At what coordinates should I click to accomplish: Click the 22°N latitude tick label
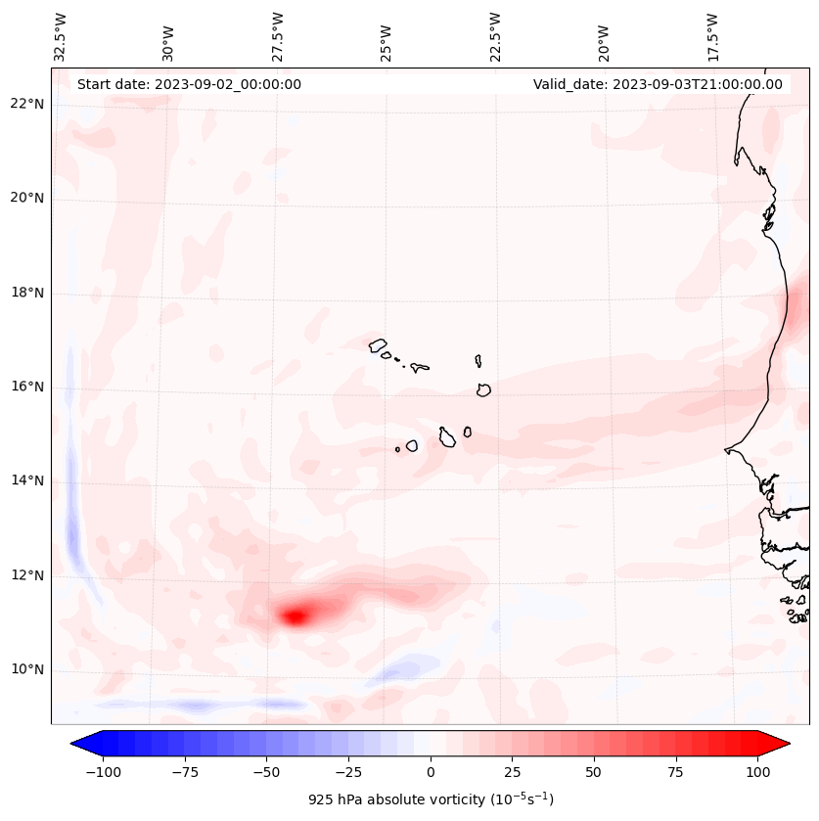27,104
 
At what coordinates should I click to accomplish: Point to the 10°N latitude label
27,670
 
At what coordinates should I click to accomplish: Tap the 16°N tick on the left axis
27,388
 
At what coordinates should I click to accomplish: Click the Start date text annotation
189,84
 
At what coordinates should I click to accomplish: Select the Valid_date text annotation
658,84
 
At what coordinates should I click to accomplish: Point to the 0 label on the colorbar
430,772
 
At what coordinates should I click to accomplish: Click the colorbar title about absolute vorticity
431,799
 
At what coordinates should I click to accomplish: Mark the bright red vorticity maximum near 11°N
296,616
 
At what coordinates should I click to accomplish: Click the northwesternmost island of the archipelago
378,345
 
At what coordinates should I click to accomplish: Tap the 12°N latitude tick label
27,576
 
